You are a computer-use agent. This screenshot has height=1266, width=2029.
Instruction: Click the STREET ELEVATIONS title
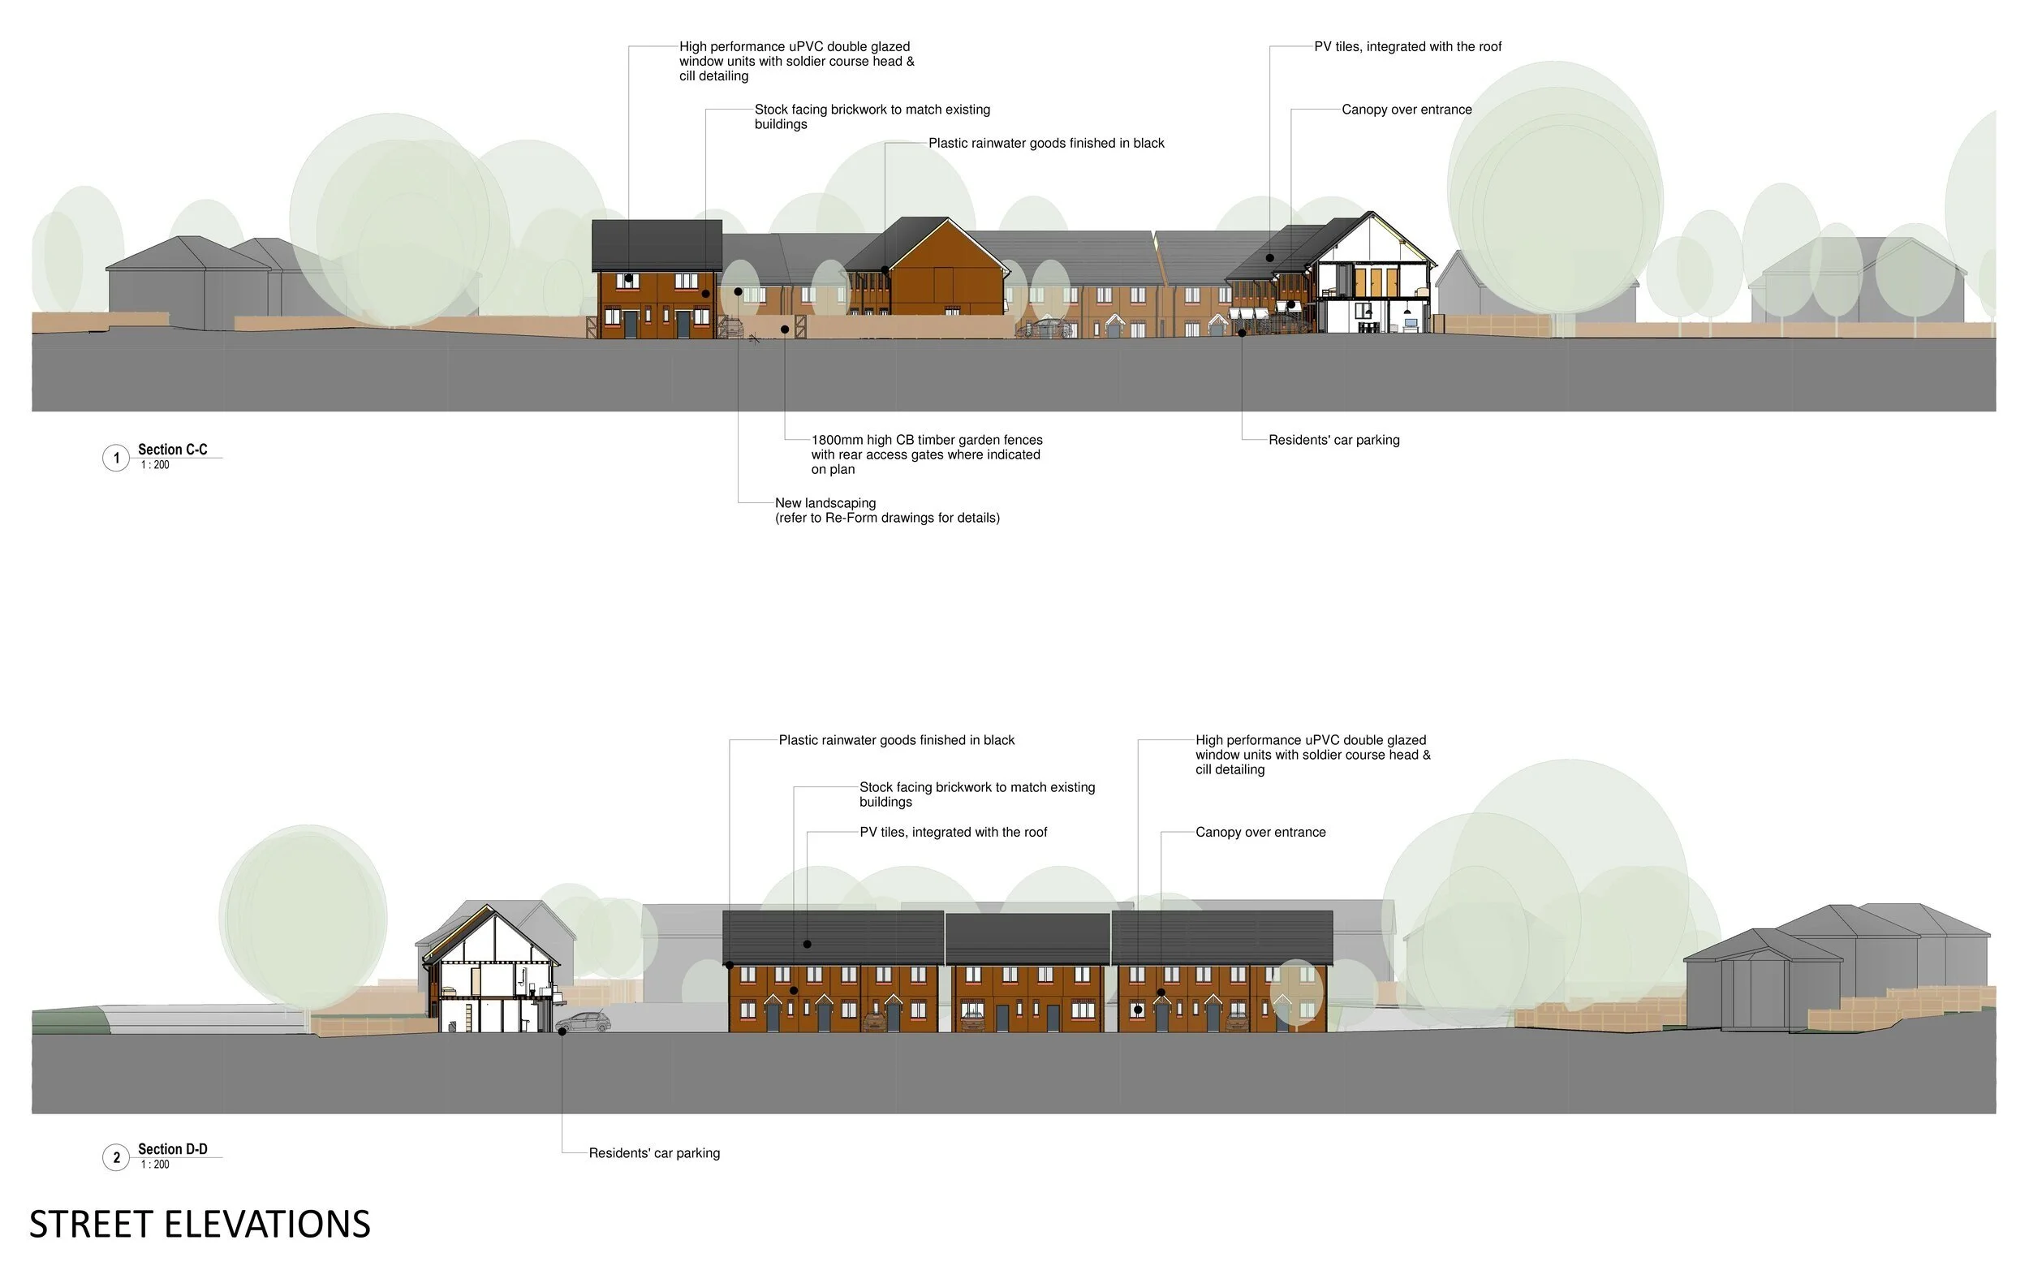[200, 1224]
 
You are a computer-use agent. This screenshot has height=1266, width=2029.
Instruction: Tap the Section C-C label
[173, 450]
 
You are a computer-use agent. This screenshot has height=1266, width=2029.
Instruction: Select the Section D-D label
[173, 1149]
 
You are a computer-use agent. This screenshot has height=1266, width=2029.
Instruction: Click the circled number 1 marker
[115, 458]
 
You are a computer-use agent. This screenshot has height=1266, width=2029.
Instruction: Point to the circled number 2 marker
[115, 1157]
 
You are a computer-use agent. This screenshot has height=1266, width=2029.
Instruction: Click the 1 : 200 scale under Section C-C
[155, 466]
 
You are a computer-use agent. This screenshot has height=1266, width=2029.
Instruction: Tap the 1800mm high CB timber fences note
[926, 454]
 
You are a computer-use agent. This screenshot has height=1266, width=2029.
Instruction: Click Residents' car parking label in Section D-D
[654, 1153]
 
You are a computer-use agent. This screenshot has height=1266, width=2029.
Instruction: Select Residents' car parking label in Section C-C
[1333, 440]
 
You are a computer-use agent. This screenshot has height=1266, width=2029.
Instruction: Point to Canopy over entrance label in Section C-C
[1406, 110]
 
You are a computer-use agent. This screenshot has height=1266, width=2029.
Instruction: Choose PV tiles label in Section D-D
[953, 833]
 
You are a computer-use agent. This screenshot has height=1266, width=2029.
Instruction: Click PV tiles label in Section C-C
[1407, 47]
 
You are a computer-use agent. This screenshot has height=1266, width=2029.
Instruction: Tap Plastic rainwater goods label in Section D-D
[896, 740]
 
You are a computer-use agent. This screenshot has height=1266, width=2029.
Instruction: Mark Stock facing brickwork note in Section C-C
[872, 116]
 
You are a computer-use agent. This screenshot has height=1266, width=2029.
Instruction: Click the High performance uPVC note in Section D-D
[1312, 755]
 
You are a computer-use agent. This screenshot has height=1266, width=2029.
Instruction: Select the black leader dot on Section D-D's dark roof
[808, 944]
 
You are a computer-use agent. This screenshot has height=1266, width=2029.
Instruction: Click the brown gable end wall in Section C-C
[946, 281]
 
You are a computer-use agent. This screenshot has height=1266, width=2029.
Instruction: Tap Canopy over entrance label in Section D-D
[1260, 833]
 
